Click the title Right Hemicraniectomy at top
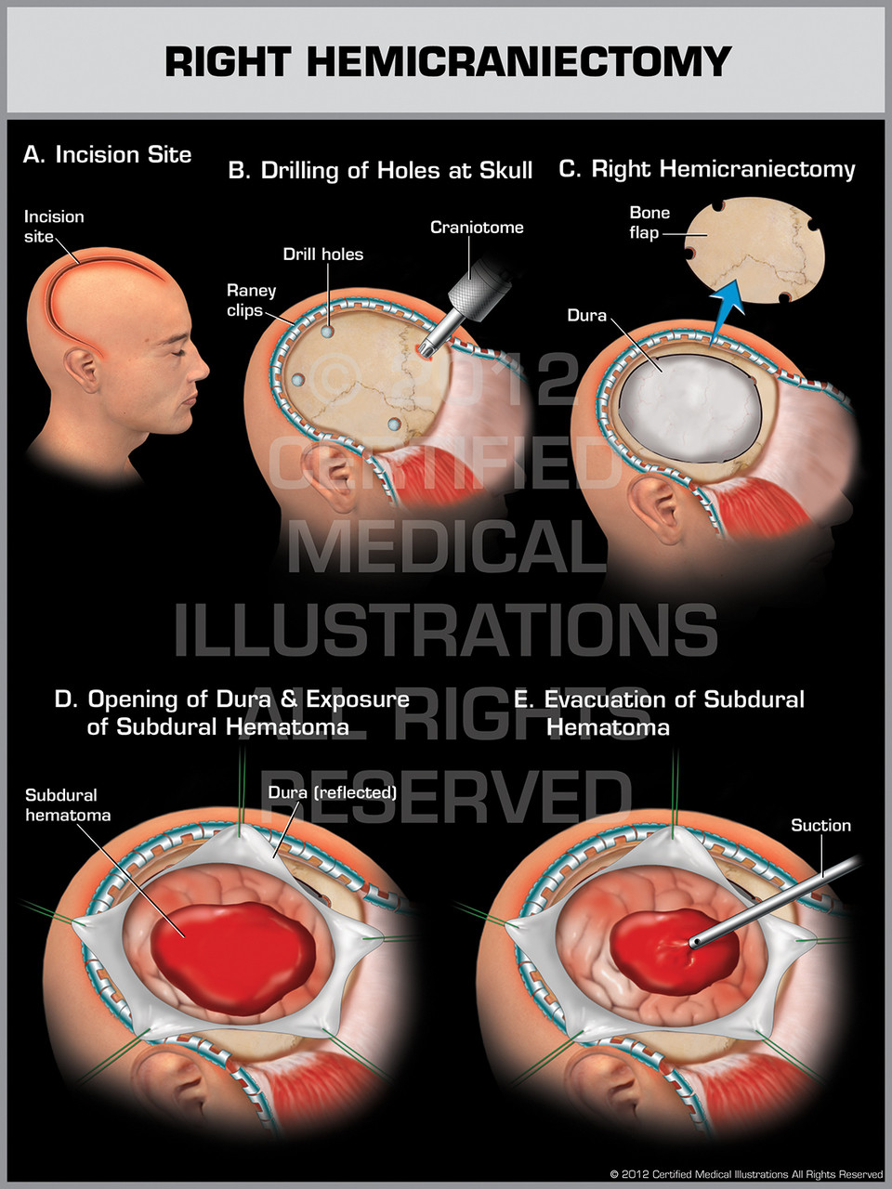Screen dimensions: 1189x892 coord(448,61)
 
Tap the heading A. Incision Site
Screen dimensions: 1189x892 coord(107,154)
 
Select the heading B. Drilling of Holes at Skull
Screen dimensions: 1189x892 coord(380,170)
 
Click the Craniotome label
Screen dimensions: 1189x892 coord(477,227)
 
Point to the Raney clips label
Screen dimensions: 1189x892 coord(251,300)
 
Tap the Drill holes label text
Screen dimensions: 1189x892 coord(322,254)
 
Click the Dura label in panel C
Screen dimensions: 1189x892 coord(586,316)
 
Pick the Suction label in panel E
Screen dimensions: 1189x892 coord(820,825)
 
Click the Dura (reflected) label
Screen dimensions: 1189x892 coord(332,792)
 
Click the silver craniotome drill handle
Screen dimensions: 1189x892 coord(473,284)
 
